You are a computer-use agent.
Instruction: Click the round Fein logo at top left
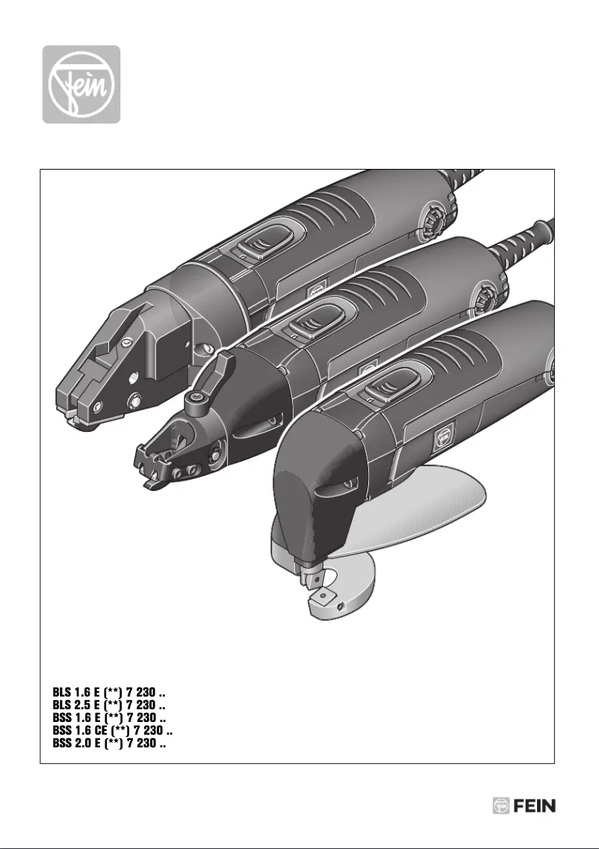[81, 84]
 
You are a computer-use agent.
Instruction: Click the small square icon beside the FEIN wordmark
[500, 806]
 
